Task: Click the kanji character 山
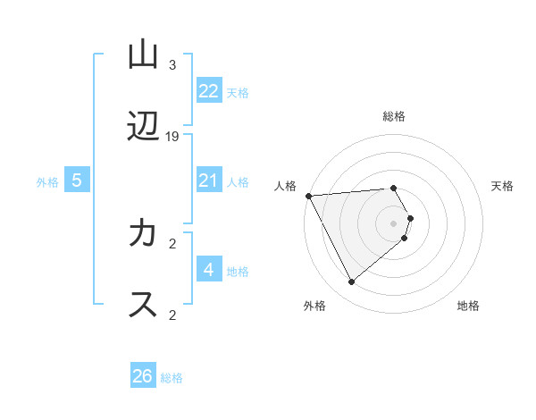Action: [143, 55]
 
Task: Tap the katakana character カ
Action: [143, 234]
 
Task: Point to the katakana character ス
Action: [143, 305]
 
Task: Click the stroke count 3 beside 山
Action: [172, 65]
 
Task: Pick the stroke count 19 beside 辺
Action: [172, 137]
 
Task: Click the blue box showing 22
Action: [209, 91]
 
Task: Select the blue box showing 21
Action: [209, 181]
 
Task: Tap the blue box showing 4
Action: [209, 270]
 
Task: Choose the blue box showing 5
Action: [77, 181]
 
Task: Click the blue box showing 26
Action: [143, 376]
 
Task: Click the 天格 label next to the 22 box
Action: [238, 93]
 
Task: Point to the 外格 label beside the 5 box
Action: [47, 182]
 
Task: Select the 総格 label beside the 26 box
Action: [172, 378]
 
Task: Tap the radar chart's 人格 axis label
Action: [285, 186]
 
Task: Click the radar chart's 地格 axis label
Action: [468, 307]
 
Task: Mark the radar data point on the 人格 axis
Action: [308, 196]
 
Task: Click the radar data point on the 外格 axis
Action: [351, 282]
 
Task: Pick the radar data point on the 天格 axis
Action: [410, 218]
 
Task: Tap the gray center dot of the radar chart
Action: [394, 223]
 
